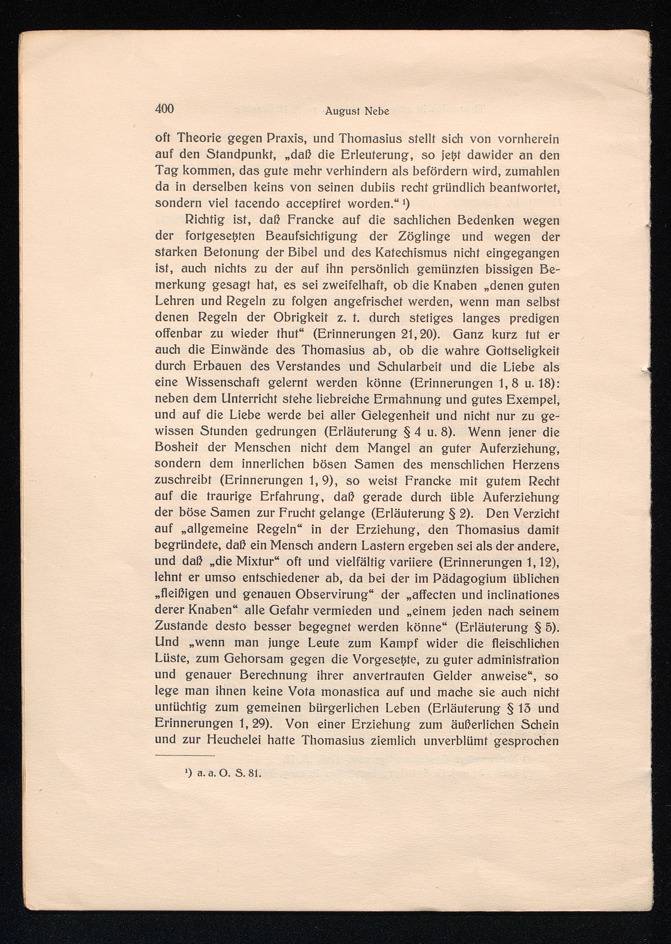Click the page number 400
tap(165, 109)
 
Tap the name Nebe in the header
tap(377, 111)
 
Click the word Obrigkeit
tap(300, 318)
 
